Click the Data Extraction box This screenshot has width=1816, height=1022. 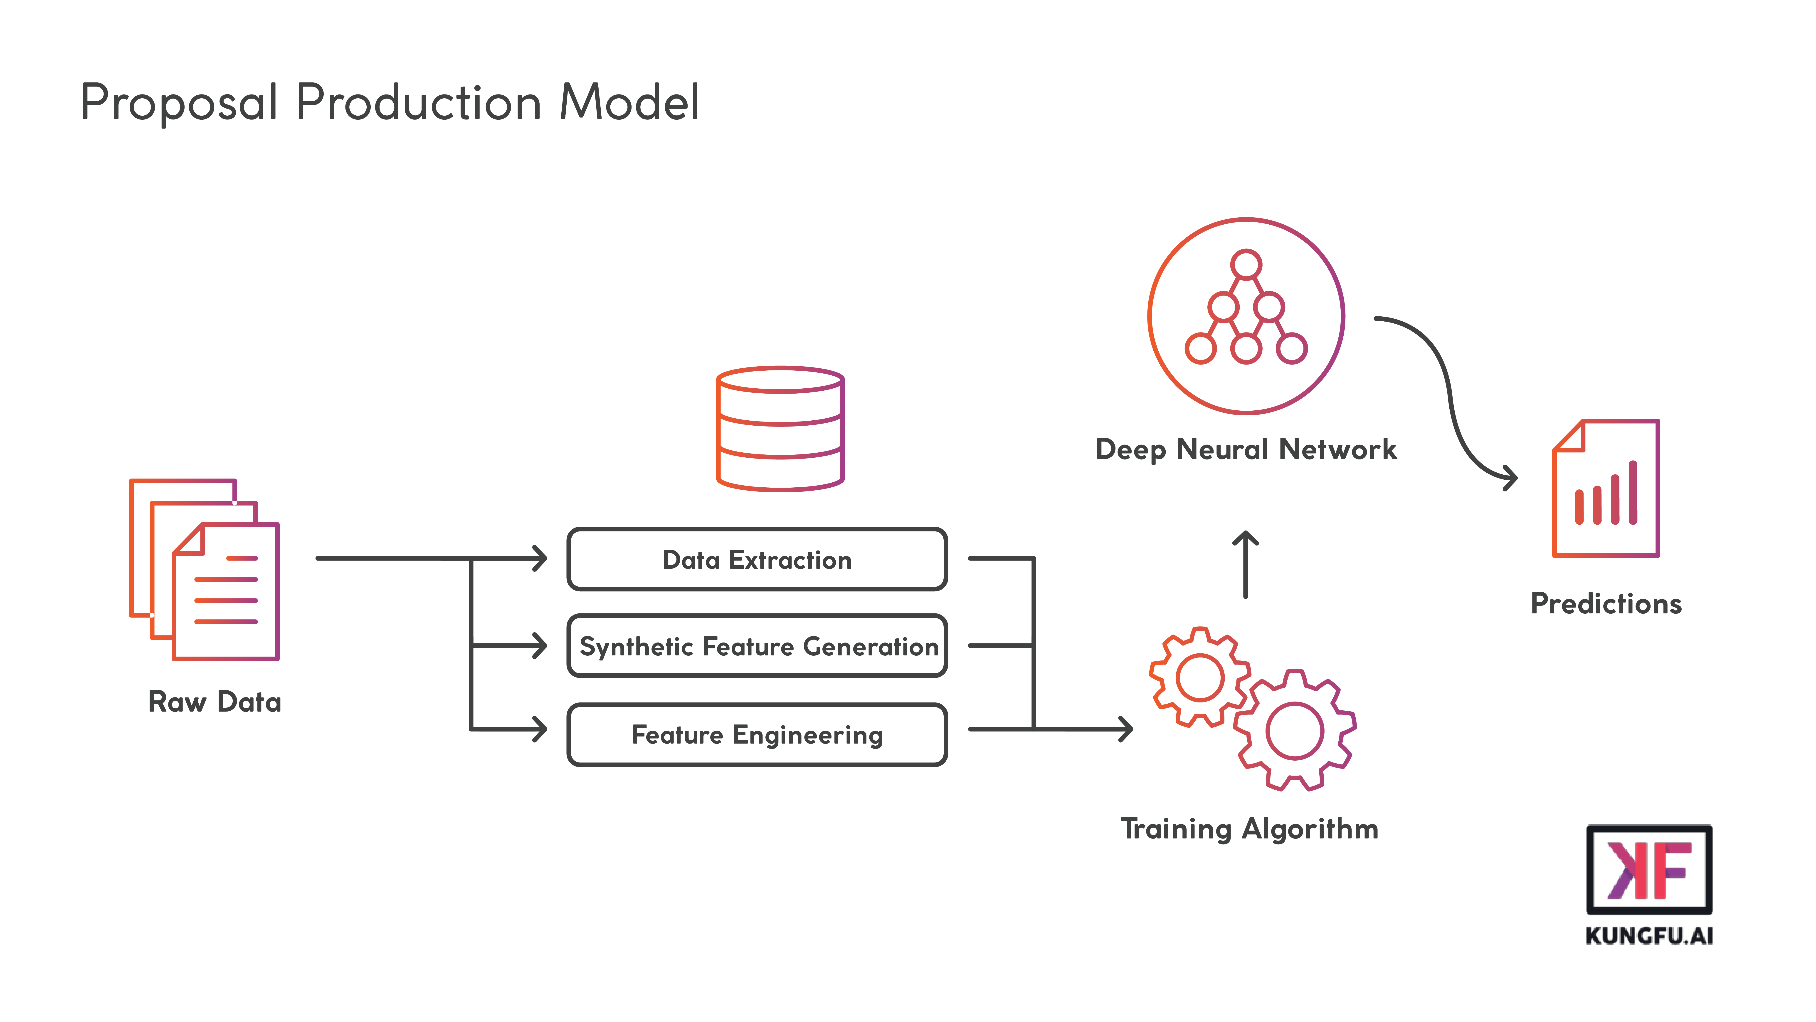point(757,559)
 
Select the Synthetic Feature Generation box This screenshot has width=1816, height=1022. point(757,646)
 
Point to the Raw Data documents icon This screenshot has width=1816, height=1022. point(205,570)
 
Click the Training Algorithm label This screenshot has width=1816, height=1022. point(1249,829)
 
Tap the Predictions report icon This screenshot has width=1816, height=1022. point(1606,489)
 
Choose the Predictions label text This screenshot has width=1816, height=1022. point(1606,604)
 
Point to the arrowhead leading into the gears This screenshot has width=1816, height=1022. point(1127,729)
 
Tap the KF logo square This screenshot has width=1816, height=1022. point(1649,870)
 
